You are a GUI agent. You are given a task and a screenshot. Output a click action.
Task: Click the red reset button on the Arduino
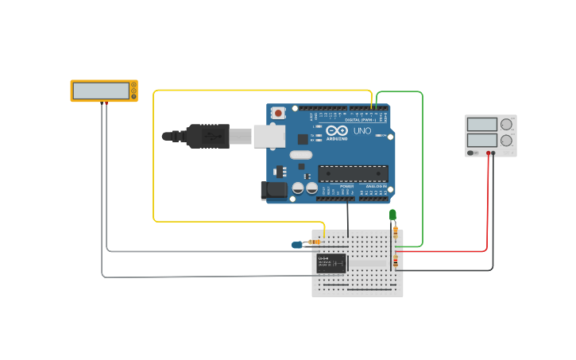(x=277, y=114)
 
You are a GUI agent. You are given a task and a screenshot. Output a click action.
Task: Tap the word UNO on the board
(x=361, y=131)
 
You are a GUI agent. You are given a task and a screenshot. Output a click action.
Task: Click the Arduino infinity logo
(x=336, y=131)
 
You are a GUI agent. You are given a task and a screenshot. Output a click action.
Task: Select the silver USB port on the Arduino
(x=269, y=136)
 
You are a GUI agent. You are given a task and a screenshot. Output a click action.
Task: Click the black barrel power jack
(x=273, y=190)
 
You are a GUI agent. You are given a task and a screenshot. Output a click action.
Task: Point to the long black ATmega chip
(x=353, y=173)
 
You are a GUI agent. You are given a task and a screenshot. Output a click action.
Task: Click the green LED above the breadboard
(x=392, y=215)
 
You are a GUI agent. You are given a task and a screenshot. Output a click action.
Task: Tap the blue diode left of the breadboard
(x=297, y=245)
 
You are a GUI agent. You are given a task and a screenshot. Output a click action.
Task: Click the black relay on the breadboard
(x=331, y=263)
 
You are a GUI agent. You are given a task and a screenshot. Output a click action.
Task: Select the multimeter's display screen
(x=101, y=91)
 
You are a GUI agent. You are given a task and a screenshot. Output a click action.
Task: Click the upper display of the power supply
(x=481, y=124)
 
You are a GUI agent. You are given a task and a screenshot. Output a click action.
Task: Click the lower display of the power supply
(x=481, y=141)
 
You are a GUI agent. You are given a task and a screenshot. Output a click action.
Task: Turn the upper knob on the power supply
(x=506, y=124)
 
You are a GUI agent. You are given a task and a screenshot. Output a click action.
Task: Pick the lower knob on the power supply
(x=506, y=141)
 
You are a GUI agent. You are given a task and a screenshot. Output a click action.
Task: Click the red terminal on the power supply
(x=488, y=153)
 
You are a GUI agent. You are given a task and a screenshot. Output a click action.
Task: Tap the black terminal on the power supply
(x=494, y=153)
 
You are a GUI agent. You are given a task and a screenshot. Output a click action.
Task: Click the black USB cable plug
(x=207, y=136)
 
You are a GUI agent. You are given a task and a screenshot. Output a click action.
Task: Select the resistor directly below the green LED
(x=396, y=232)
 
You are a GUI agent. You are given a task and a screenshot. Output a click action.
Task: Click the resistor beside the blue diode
(x=315, y=241)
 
